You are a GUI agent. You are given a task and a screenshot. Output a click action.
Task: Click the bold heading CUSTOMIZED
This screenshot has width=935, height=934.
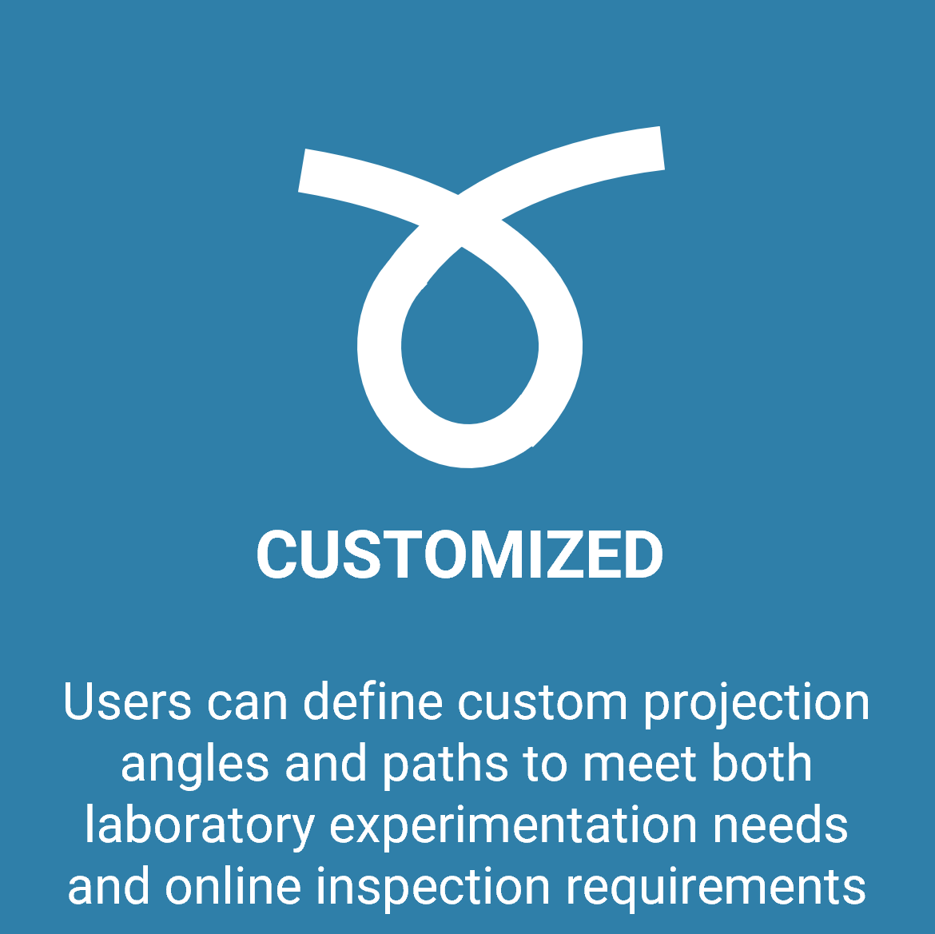460,555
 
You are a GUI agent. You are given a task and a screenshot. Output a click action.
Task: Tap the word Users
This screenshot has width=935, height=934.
128,701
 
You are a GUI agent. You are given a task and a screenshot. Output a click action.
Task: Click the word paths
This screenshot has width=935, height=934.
445,766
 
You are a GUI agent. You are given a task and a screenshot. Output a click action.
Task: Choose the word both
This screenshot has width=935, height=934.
762,763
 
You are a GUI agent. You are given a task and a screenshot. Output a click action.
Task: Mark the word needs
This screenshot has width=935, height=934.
781,825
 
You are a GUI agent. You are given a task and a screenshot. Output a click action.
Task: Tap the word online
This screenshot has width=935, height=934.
233,886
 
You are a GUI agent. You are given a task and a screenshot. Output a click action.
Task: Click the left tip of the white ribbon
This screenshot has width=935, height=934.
302,170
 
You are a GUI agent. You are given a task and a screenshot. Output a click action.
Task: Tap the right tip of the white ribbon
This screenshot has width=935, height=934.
662,148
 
